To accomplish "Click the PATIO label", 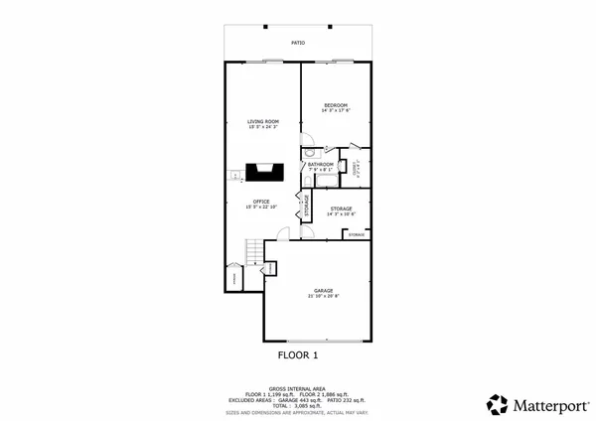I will tap(297, 43).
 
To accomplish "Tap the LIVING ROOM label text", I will tap(263, 121).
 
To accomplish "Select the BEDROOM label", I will tap(336, 105).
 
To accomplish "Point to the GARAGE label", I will tap(324, 290).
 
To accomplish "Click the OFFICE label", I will tap(262, 201).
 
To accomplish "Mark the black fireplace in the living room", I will tap(265, 173).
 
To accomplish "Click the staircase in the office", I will tap(256, 249).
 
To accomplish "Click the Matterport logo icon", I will tap(498, 403).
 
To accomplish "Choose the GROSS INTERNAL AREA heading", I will tap(297, 388).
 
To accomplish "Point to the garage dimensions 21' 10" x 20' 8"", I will tap(324, 296).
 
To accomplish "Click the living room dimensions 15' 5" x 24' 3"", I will tap(263, 127).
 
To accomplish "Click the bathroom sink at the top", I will tap(325, 153).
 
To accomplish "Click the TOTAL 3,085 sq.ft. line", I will tap(297, 405).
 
